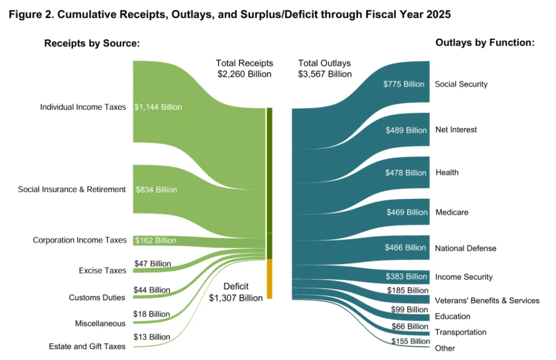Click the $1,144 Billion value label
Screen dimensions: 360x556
(159, 107)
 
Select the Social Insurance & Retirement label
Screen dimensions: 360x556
(72, 190)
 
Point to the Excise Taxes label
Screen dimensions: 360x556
(102, 270)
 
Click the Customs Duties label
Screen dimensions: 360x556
(97, 298)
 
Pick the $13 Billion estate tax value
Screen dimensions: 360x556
(152, 337)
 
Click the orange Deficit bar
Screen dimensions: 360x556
(269, 279)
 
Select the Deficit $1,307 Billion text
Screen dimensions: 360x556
(236, 292)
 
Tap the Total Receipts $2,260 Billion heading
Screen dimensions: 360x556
(244, 68)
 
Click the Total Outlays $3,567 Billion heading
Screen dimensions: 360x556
(325, 68)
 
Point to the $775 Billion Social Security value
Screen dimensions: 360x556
(403, 84)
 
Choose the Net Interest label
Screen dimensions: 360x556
(456, 130)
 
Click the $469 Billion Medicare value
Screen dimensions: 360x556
(406, 212)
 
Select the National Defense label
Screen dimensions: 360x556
(466, 248)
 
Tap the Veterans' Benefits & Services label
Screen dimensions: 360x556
(487, 300)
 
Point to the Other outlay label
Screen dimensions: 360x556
(445, 348)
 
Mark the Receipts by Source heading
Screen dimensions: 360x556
(92, 43)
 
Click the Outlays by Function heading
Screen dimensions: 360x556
(485, 42)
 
